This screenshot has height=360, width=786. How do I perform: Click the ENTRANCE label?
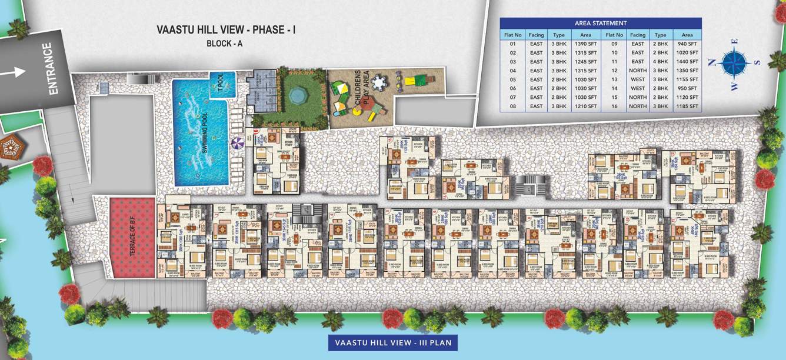54,69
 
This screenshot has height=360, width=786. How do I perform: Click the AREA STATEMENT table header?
600,24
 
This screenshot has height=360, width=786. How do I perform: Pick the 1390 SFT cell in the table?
585,44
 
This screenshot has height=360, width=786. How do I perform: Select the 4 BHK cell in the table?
661,61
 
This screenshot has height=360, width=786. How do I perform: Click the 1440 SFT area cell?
687,61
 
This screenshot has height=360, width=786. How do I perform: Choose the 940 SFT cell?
687,44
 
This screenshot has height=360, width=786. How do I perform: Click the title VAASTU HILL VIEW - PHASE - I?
226,29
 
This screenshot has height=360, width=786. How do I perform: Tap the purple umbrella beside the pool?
237,142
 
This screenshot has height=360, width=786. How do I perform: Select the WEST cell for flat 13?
638,79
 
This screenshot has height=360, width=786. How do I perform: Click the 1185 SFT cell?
687,106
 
